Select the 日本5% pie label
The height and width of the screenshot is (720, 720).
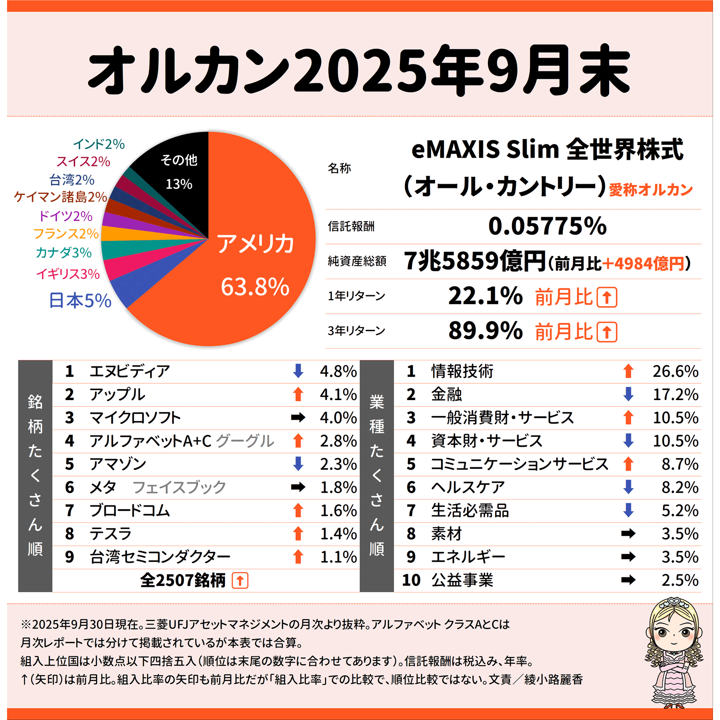(x=80, y=300)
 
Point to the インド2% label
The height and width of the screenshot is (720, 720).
(x=99, y=144)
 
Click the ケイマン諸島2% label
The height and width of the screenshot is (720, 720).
(x=61, y=197)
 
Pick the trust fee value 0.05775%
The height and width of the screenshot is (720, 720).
(x=547, y=226)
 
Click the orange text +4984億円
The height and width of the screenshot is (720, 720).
(x=643, y=263)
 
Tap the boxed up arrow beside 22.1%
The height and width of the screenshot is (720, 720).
(x=607, y=297)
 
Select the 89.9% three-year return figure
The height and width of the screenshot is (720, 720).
(x=485, y=331)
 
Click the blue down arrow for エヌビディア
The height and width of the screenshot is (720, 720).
(x=298, y=371)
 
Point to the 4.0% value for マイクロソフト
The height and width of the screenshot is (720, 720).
(x=338, y=418)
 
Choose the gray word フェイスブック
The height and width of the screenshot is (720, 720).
(x=179, y=487)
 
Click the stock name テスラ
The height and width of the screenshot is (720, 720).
(x=111, y=534)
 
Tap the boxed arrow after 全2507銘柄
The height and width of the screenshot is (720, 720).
(x=240, y=580)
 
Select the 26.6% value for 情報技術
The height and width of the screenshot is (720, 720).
(x=675, y=371)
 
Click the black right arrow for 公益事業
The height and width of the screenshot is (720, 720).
(x=628, y=580)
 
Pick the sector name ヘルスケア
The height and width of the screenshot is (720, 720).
(x=468, y=487)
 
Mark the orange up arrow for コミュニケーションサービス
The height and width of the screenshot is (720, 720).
(x=628, y=464)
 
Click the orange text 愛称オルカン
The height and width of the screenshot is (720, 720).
(x=651, y=190)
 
